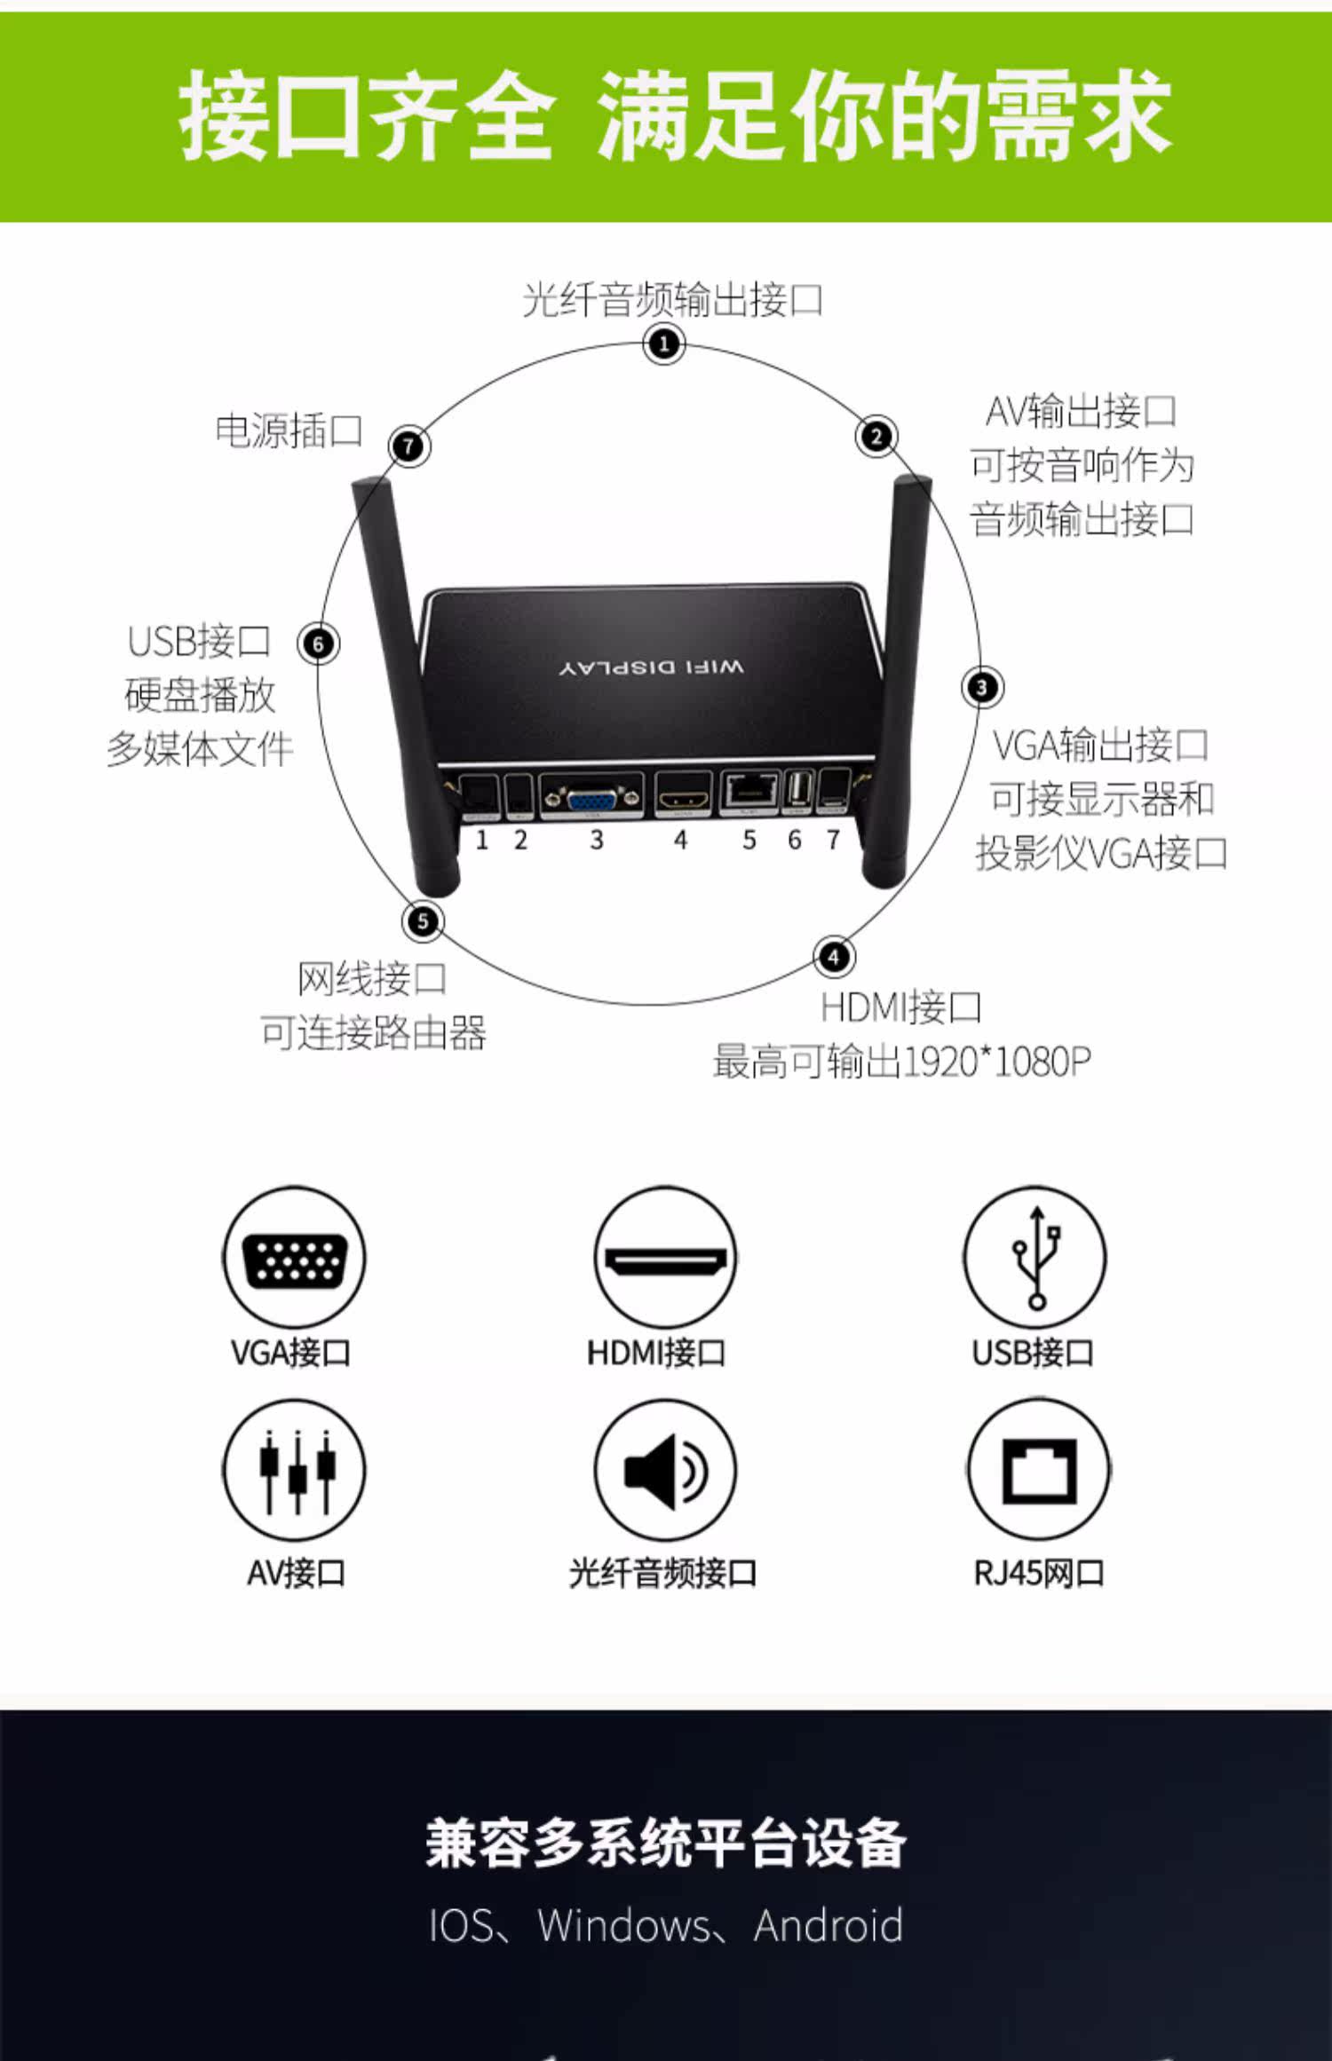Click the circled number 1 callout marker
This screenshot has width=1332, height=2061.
tap(664, 343)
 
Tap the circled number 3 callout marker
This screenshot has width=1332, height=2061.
tap(982, 687)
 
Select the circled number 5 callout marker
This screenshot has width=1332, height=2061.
tap(423, 920)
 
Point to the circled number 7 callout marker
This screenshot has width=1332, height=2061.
tap(409, 446)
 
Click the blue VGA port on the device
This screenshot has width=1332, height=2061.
tap(591, 797)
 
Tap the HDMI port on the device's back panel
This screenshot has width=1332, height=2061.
tap(683, 795)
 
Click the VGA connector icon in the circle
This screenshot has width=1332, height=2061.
tap(294, 1258)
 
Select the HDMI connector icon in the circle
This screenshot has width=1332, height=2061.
tap(665, 1258)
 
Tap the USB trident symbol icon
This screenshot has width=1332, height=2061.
tap(1035, 1258)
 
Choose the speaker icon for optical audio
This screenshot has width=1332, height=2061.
tap(665, 1471)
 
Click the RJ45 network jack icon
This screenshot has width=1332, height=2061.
tap(1037, 1471)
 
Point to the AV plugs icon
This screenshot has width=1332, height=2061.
tap(294, 1471)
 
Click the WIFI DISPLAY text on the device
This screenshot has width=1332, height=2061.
tap(653, 667)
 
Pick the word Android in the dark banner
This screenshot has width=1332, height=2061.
tap(829, 1925)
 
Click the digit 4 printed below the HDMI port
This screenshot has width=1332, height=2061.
tap(680, 840)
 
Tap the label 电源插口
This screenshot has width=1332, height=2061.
tap(289, 430)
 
